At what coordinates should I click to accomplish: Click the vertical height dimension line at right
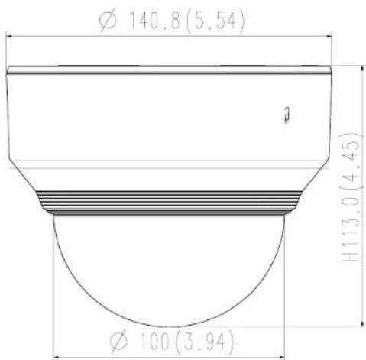pyautogui.click(x=360, y=191)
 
